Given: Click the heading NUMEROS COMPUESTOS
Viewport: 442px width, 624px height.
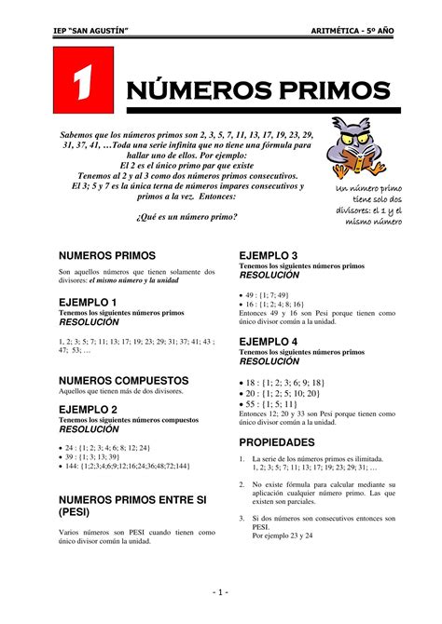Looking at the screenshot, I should [124, 381].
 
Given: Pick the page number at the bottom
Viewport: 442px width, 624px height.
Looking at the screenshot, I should [220, 592].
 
